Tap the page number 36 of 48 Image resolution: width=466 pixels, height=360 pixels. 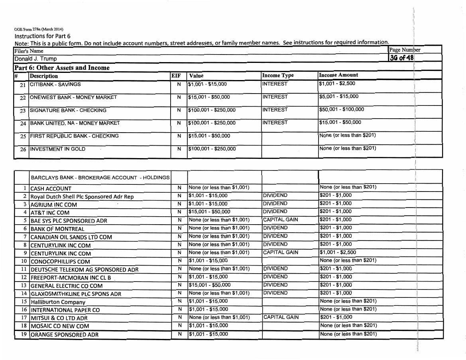pyautogui.click(x=402, y=58)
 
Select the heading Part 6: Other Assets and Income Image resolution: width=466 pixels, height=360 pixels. pyautogui.click(x=62, y=67)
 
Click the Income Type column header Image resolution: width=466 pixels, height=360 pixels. pyautogui.click(x=278, y=76)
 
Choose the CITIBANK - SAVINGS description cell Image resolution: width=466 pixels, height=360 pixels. pyautogui.click(x=55, y=84)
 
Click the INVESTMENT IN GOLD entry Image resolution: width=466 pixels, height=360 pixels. pyautogui.click(x=58, y=149)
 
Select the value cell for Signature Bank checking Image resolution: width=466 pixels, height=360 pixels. pyautogui.click(x=212, y=110)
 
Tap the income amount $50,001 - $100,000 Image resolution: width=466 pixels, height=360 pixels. pyautogui.click(x=342, y=110)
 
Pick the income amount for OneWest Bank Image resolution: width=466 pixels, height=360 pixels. pyautogui.click(x=339, y=96)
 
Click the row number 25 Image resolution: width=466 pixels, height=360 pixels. pyautogui.click(x=23, y=136)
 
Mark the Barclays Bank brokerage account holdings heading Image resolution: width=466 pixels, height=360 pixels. pyautogui.click(x=100, y=178)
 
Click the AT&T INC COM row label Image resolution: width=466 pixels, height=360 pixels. pyautogui.click(x=50, y=213)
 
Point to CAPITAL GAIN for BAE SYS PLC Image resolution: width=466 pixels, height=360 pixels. pyautogui.click(x=280, y=219)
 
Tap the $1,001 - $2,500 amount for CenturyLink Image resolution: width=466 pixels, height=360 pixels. pyautogui.click(x=338, y=252)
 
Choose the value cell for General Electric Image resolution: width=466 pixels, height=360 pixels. pyautogui.click(x=209, y=285)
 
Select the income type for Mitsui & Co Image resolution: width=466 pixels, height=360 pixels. pyautogui.click(x=281, y=317)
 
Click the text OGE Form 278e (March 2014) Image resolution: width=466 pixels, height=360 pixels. pyautogui.click(x=39, y=29)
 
